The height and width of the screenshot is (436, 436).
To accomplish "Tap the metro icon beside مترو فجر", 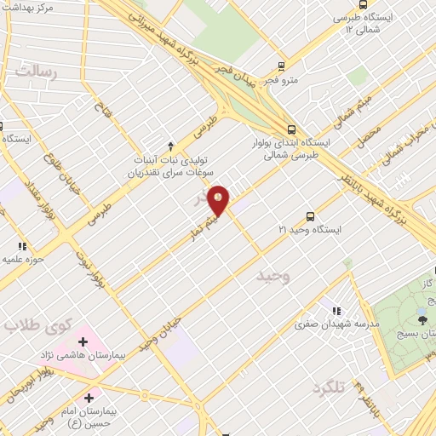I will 283,66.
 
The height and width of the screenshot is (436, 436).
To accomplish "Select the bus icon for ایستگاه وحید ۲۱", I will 309,216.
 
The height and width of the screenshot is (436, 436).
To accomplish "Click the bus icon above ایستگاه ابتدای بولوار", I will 292,129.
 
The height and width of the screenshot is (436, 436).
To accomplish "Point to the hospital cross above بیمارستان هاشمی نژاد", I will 83,341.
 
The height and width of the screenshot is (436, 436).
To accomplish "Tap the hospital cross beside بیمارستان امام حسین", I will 89,397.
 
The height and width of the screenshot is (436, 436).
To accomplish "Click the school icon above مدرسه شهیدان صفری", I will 337,312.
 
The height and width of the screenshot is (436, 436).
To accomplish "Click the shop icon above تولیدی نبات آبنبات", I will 170,145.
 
